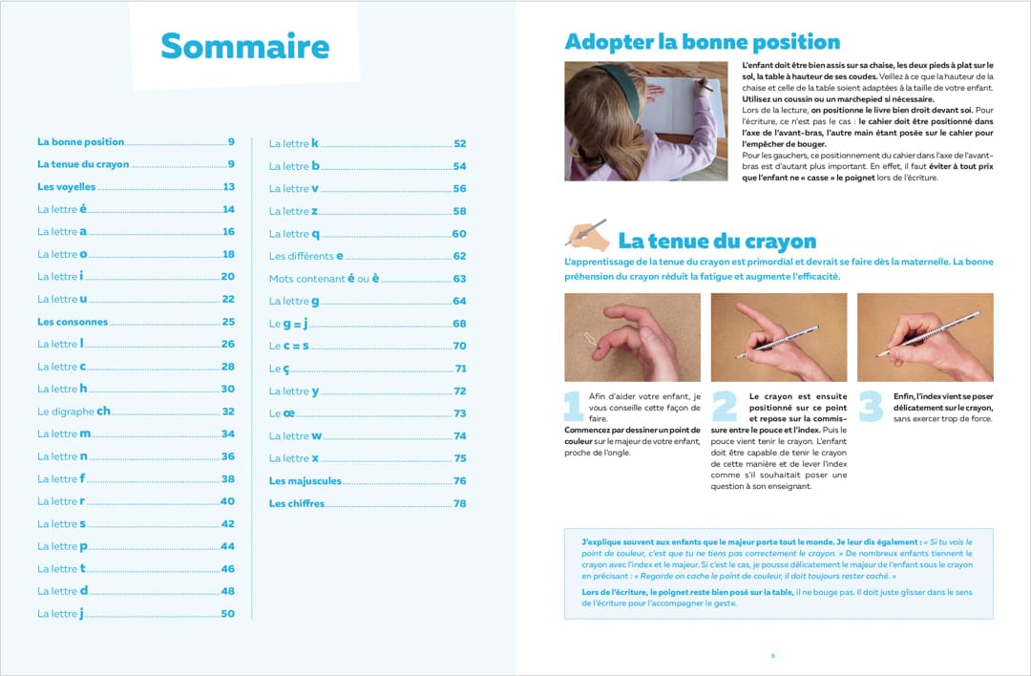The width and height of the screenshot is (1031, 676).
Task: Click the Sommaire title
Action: pyautogui.click(x=245, y=46)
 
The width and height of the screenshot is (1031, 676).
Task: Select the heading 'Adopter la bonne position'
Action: pyautogui.click(x=702, y=42)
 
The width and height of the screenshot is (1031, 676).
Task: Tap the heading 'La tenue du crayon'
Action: pyautogui.click(x=717, y=241)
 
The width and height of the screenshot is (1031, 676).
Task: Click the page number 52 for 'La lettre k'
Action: pyautogui.click(x=459, y=144)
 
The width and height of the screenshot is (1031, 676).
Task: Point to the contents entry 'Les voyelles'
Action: pyautogui.click(x=67, y=187)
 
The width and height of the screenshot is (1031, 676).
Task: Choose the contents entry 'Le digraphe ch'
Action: pyautogui.click(x=74, y=412)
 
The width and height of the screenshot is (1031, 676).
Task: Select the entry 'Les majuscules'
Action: pyautogui.click(x=305, y=481)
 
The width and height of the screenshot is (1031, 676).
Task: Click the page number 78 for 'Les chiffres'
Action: pyautogui.click(x=459, y=504)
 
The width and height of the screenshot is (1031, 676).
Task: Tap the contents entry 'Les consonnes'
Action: pyautogui.click(x=73, y=322)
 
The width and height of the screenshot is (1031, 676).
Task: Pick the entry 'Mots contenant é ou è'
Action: pyautogui.click(x=325, y=279)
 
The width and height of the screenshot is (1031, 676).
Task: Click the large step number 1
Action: pyautogui.click(x=574, y=405)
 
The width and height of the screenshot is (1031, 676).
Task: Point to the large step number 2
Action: pyautogui.click(x=724, y=405)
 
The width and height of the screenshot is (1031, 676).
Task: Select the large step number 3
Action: pyautogui.click(x=872, y=405)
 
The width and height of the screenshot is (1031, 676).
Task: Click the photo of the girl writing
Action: pyautogui.click(x=645, y=121)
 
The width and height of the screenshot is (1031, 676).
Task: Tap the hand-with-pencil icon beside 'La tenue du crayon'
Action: pyautogui.click(x=586, y=234)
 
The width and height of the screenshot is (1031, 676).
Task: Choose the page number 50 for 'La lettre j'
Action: pyautogui.click(x=227, y=614)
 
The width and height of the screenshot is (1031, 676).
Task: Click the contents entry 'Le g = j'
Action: pyautogui.click(x=287, y=324)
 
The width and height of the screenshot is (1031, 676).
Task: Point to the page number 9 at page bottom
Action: pyautogui.click(x=772, y=656)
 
